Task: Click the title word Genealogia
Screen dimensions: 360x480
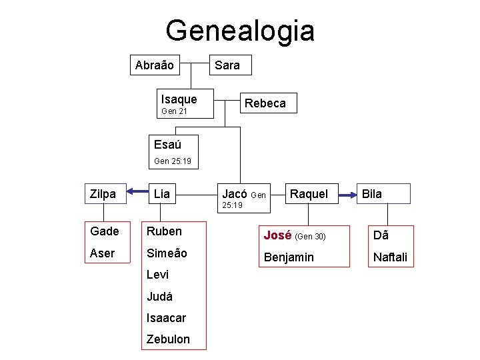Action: pos(240,31)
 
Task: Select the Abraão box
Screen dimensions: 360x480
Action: pos(154,65)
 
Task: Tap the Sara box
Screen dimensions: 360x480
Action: pos(227,65)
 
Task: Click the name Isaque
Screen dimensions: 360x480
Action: pos(179,99)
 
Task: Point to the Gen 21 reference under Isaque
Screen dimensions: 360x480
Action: pos(174,111)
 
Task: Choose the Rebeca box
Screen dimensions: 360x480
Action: pos(265,103)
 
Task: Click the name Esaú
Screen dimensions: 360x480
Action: pos(167,144)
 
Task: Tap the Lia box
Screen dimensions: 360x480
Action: pos(162,194)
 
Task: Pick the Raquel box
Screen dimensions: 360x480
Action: pos(309,194)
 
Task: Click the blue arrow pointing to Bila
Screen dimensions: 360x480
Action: pos(347,195)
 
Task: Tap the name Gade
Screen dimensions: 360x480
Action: pos(104,231)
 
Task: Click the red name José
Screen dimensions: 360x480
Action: pos(277,235)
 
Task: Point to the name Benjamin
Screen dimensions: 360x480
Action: pos(288,257)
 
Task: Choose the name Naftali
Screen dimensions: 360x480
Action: pos(390,257)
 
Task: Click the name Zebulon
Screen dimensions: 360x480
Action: pos(168,339)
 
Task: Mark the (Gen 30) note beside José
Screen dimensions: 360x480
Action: pos(310,236)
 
